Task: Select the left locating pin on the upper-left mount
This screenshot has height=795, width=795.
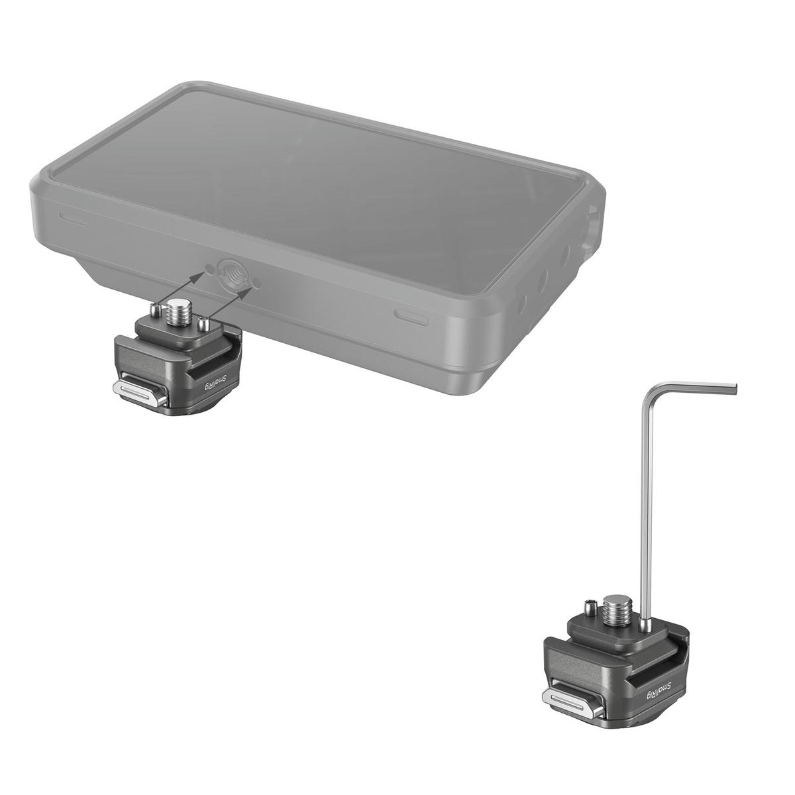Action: click(x=154, y=308)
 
